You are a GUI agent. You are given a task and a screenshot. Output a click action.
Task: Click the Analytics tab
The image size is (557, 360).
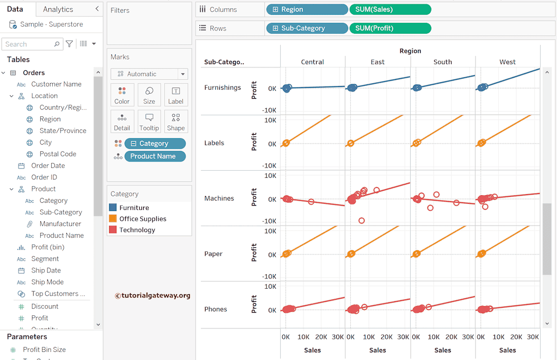[58, 9]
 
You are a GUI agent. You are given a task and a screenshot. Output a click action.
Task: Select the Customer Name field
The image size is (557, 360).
[56, 84]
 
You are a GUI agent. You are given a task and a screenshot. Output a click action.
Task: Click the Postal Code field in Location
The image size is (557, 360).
[58, 154]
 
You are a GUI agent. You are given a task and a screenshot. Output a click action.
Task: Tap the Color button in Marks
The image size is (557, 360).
[122, 95]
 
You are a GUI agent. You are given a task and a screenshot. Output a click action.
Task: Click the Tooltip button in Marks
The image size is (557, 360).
[149, 121]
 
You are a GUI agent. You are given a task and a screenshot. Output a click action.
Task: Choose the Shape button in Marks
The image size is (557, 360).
[176, 121]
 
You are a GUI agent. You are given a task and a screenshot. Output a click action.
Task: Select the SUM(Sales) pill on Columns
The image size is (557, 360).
[390, 9]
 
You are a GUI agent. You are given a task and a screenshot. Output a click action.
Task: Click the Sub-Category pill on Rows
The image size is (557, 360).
[307, 28]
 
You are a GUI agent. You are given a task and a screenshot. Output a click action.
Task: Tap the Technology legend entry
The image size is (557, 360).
[137, 230]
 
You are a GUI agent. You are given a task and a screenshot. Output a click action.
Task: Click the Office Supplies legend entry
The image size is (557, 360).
[143, 219]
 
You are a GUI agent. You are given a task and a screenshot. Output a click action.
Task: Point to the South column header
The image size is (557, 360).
[443, 62]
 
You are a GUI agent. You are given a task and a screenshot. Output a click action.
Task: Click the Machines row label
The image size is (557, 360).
[219, 198]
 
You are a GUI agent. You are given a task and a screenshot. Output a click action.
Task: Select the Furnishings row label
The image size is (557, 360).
[222, 88]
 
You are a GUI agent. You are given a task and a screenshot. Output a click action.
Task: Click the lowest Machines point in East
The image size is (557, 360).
[362, 221]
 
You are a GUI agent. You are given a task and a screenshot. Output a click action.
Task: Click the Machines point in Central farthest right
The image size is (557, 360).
[311, 202]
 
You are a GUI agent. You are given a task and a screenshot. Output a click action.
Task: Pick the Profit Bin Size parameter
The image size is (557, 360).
[44, 350]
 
